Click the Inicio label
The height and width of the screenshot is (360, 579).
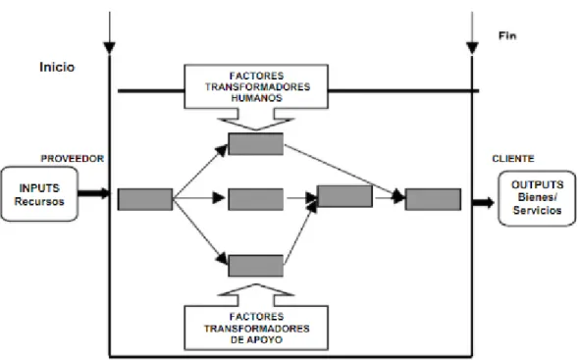click(x=57, y=67)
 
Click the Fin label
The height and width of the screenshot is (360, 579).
click(x=507, y=36)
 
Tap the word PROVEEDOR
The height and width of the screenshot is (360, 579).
click(x=72, y=158)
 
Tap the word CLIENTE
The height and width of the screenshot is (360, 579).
click(x=513, y=158)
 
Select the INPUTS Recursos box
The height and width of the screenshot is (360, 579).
click(x=39, y=194)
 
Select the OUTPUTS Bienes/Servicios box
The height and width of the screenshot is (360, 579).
click(x=537, y=198)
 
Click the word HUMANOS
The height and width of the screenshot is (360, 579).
click(x=256, y=98)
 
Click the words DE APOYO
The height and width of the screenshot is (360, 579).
click(x=256, y=339)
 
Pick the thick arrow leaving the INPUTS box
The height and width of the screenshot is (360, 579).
click(x=94, y=193)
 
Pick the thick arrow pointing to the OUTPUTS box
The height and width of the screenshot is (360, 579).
click(x=484, y=202)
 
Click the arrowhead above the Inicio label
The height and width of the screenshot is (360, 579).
click(x=109, y=48)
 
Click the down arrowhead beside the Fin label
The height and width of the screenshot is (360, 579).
click(x=472, y=48)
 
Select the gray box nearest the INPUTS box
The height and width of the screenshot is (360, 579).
click(x=145, y=199)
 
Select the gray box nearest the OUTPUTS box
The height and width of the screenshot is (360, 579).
click(x=433, y=199)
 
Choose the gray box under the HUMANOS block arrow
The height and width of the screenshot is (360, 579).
click(x=256, y=143)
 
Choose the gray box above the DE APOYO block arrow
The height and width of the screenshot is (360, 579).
click(x=256, y=266)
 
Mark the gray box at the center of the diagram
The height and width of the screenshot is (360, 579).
click(x=256, y=199)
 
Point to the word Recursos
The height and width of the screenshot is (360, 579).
click(x=39, y=202)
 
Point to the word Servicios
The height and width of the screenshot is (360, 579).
click(x=537, y=211)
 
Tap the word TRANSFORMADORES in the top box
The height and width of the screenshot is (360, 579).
click(x=257, y=87)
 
